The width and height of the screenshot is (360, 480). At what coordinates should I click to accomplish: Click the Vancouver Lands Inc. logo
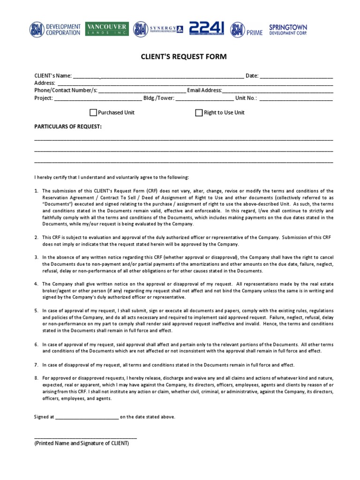point(107,30)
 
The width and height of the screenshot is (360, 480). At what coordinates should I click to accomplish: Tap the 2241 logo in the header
point(206,29)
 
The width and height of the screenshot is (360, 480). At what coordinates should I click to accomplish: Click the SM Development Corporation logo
point(55,30)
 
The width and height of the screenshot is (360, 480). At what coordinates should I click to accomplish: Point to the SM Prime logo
point(247,30)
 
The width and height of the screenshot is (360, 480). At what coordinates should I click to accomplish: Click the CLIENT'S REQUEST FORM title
point(184,57)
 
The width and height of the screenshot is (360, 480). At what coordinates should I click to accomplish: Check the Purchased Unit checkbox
point(93,112)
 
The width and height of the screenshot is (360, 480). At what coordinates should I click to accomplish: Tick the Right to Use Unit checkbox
point(199,112)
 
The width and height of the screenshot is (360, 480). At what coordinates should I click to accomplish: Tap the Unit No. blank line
point(296,99)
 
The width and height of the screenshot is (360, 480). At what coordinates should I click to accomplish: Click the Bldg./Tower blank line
point(204,99)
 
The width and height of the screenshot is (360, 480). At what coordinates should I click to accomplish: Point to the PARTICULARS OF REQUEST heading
point(68,127)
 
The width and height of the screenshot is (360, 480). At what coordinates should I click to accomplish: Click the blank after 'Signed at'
point(87,417)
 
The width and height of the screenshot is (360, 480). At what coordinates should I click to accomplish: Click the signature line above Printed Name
point(86,437)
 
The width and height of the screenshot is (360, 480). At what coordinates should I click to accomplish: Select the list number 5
point(36,311)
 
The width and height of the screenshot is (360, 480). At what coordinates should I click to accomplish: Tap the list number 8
point(36,378)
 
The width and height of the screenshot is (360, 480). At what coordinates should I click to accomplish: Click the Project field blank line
point(98,99)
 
